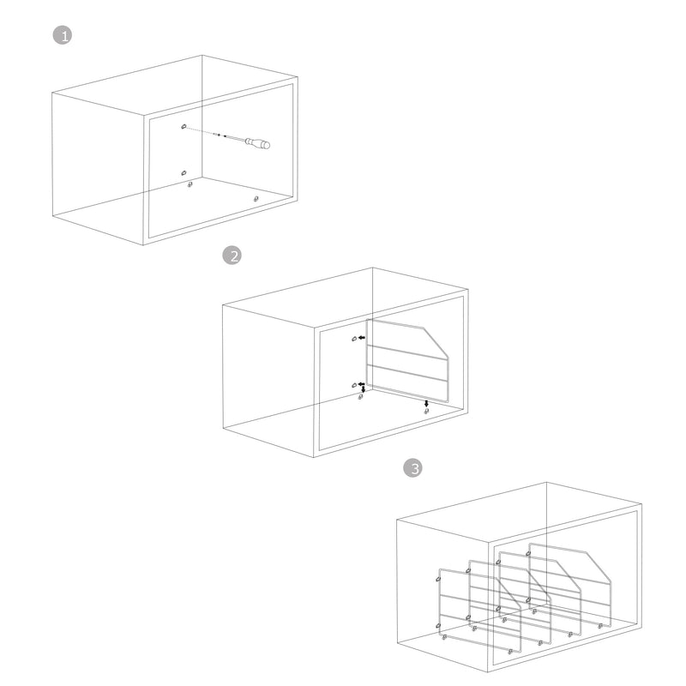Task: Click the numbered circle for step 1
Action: (x=63, y=35)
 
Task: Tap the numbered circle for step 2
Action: (x=232, y=256)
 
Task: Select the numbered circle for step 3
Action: (x=412, y=468)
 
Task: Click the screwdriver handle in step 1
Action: (x=258, y=143)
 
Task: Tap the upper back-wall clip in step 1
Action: (x=184, y=126)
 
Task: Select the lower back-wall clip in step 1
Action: (x=184, y=173)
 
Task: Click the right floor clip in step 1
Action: (x=256, y=199)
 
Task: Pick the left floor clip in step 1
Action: (x=190, y=184)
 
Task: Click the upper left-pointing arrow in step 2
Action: (x=361, y=338)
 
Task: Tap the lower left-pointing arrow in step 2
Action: (x=361, y=383)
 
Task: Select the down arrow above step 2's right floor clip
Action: (x=426, y=403)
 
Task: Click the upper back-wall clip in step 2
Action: (x=354, y=339)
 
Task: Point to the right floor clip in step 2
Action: (x=426, y=411)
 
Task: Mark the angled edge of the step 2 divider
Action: (x=436, y=342)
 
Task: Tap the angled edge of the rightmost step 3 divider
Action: (x=598, y=568)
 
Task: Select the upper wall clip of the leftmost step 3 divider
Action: (x=438, y=580)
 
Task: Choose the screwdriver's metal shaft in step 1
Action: (x=235, y=139)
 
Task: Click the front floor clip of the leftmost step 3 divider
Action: (x=510, y=652)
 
